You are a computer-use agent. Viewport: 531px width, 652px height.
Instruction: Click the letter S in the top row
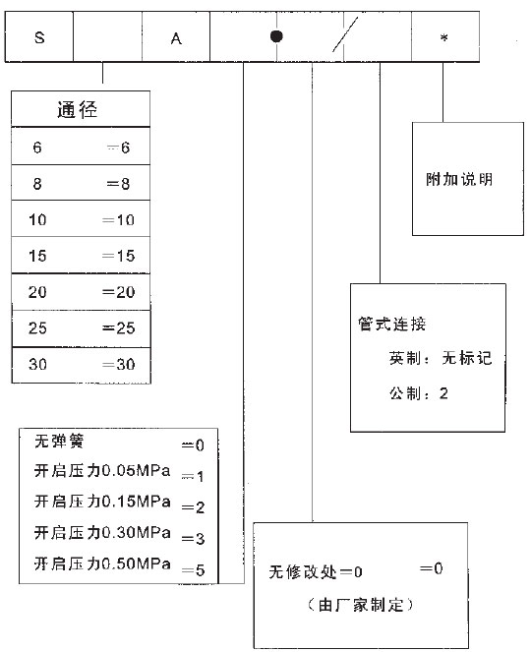(39, 37)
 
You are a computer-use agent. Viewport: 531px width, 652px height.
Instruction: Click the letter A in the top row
(176, 38)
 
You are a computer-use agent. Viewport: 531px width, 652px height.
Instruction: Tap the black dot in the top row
(276, 36)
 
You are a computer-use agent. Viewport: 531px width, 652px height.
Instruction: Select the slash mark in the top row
(345, 35)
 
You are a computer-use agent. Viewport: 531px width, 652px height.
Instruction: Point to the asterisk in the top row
(444, 37)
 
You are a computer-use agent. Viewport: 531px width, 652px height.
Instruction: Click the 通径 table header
(78, 110)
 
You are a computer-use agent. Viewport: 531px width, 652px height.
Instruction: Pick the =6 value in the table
(119, 148)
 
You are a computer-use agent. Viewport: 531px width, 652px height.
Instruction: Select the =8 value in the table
(119, 183)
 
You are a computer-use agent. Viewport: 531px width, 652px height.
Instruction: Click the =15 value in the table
(119, 256)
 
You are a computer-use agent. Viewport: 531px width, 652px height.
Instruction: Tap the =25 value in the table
(119, 328)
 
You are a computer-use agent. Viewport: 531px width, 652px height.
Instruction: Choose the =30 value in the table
(119, 364)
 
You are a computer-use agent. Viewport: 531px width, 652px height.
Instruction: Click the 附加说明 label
(459, 179)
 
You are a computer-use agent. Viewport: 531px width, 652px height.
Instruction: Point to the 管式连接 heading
(392, 324)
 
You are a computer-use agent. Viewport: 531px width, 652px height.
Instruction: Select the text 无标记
(466, 358)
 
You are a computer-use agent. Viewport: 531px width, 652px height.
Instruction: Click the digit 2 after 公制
(443, 393)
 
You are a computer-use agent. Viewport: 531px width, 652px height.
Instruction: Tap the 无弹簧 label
(59, 441)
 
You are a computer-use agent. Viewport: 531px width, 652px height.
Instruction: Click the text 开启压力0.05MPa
(102, 471)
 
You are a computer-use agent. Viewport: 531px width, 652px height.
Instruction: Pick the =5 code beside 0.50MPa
(193, 570)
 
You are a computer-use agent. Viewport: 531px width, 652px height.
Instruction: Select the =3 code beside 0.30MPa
(193, 539)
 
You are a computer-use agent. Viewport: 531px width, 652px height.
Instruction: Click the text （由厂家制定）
(361, 605)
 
